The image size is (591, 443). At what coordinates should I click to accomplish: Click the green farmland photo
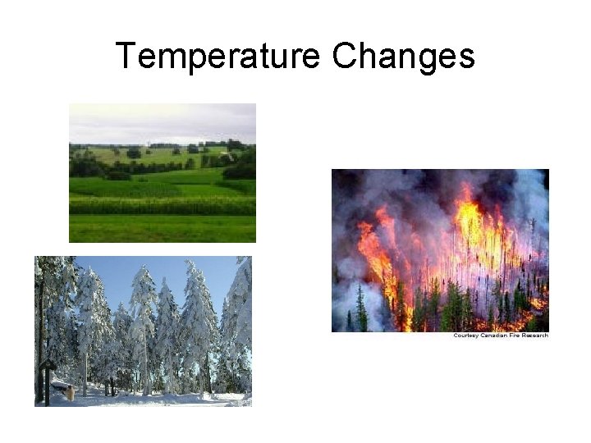[x=162, y=172]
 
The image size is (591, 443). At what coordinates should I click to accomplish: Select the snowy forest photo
[x=143, y=331]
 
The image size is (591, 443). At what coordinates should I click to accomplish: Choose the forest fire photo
[x=439, y=250]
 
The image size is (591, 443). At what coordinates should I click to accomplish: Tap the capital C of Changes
[x=344, y=57]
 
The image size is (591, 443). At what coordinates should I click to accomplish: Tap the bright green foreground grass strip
[x=162, y=230]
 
